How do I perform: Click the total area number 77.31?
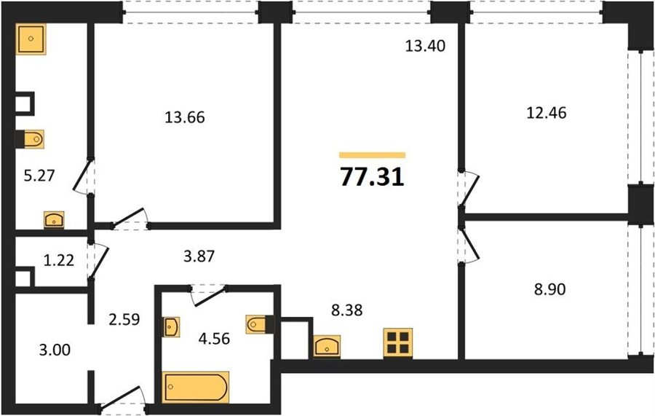pos(372,177)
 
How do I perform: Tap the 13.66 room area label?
pos(185,117)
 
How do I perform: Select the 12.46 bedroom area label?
pos(547,113)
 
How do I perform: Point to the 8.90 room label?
pos(550,289)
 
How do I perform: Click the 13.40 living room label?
pos(425,46)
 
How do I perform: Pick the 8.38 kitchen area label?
pos(346,310)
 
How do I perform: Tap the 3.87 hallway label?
pos(199,256)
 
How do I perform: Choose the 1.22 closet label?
pos(59,261)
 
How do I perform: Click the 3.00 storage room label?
pos(55,350)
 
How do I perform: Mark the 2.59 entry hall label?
pos(124,319)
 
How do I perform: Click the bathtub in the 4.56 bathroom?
pos(196,387)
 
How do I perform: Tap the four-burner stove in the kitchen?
pos(397,343)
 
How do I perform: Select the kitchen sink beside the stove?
pos(327,346)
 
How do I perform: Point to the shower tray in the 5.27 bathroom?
pos(31,39)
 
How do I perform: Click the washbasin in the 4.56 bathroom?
pos(171,326)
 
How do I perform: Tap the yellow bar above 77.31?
pos(372,155)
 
